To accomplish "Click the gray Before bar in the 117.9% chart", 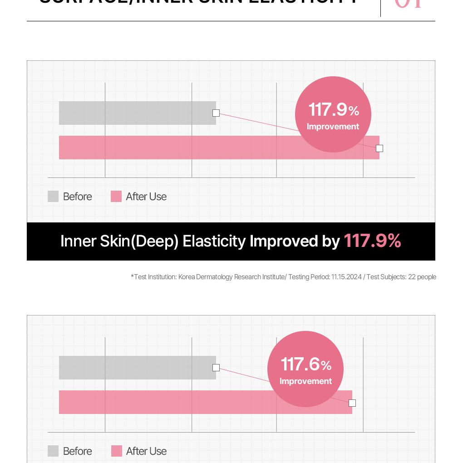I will click(136, 113).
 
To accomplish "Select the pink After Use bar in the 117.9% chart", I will click(182, 148).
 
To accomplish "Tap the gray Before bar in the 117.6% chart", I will click(136, 368).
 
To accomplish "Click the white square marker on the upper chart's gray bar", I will click(216, 113).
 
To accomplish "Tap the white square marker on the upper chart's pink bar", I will click(379, 148).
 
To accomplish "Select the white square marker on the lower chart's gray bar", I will click(216, 368).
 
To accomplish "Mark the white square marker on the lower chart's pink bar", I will click(352, 403).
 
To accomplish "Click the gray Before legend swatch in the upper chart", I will click(53, 196).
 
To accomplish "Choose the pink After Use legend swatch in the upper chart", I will click(116, 196).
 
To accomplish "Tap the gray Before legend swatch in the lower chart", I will click(53, 451).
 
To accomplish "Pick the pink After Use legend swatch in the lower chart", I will click(117, 451).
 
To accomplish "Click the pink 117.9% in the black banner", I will click(372, 241).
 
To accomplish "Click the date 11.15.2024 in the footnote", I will click(346, 277).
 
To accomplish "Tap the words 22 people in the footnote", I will click(422, 277).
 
